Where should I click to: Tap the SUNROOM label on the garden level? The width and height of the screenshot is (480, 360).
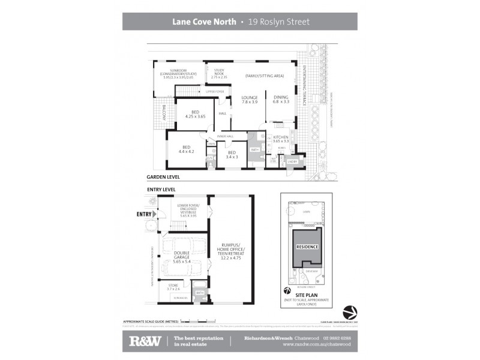pos(178,74)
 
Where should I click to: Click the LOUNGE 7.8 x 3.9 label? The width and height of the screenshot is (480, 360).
pos(249,100)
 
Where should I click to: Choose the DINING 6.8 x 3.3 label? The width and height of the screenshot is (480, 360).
pos(281,100)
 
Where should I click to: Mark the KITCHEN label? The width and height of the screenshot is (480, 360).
pos(281,139)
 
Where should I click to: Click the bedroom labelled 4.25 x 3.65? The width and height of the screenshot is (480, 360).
pos(195,114)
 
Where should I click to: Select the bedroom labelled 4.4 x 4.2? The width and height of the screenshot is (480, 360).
pos(186,149)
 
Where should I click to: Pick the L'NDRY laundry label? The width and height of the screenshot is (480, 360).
pos(293,161)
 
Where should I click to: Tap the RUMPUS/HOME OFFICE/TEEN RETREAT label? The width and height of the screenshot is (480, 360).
pos(231,251)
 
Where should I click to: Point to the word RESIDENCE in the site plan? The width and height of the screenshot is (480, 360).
pos(306,247)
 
